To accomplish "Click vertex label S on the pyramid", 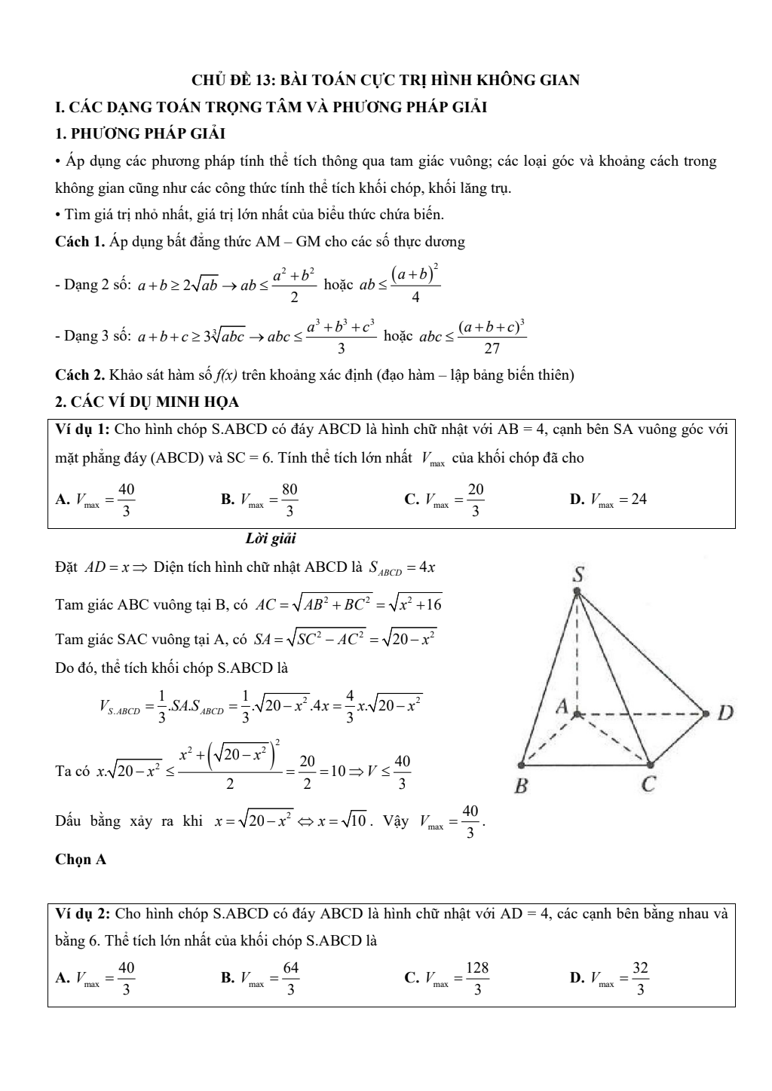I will pyautogui.click(x=577, y=574).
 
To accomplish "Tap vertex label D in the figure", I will pyautogui.click(x=725, y=712).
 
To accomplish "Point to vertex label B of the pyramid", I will pyautogui.click(x=520, y=787).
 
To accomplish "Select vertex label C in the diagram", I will pyautogui.click(x=648, y=785).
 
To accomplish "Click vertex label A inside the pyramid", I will pyautogui.click(x=562, y=707).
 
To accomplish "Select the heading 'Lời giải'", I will pyautogui.click(x=271, y=539).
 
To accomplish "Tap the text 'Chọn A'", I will pyautogui.click(x=81, y=859).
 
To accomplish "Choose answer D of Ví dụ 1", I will pyautogui.click(x=608, y=499).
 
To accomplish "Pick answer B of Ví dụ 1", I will pyautogui.click(x=260, y=499).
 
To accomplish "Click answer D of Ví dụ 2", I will pyautogui.click(x=609, y=978).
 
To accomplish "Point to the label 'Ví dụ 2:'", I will pyautogui.click(x=84, y=914).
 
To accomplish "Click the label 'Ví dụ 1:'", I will pyautogui.click(x=84, y=429).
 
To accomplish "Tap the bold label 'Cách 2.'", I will pyautogui.click(x=80, y=374).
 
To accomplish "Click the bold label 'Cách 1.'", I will pyautogui.click(x=80, y=242).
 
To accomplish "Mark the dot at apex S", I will pyautogui.click(x=577, y=592).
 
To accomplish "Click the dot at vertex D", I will pyautogui.click(x=706, y=712).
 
